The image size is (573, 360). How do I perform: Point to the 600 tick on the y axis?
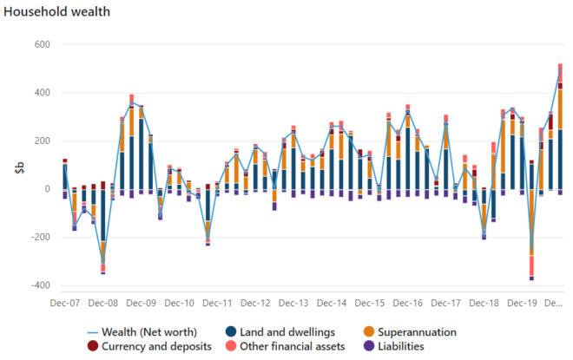tap(41, 45)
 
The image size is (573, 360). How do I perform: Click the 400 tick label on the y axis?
tap(41, 93)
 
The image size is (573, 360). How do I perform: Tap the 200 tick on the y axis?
tap(41, 141)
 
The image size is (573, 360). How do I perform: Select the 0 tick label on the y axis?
tap(46, 189)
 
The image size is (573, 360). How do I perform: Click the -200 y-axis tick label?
tap(38, 237)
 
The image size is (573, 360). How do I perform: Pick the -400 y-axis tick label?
tap(38, 285)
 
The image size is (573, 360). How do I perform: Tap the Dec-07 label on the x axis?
tap(65, 304)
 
